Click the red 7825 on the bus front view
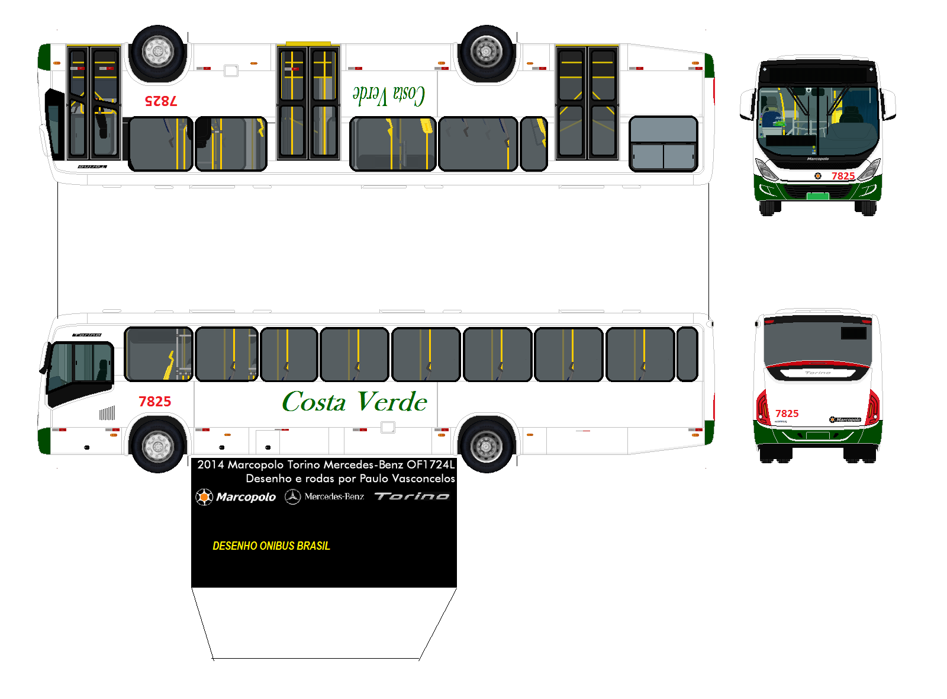[843, 176]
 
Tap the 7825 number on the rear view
[787, 413]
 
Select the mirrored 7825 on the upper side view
[161, 101]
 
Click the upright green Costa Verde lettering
[355, 402]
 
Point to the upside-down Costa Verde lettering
[389, 95]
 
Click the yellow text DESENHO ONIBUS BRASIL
[271, 546]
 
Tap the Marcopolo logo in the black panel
[236, 496]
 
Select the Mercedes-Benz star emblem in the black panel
[292, 496]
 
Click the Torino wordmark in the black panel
[412, 496]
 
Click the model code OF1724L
[430, 464]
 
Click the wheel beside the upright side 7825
[158, 444]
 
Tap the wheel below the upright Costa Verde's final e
[487, 444]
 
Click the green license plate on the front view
[818, 196]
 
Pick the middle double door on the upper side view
[308, 103]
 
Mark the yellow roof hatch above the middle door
[308, 44]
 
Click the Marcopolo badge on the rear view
[845, 419]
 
